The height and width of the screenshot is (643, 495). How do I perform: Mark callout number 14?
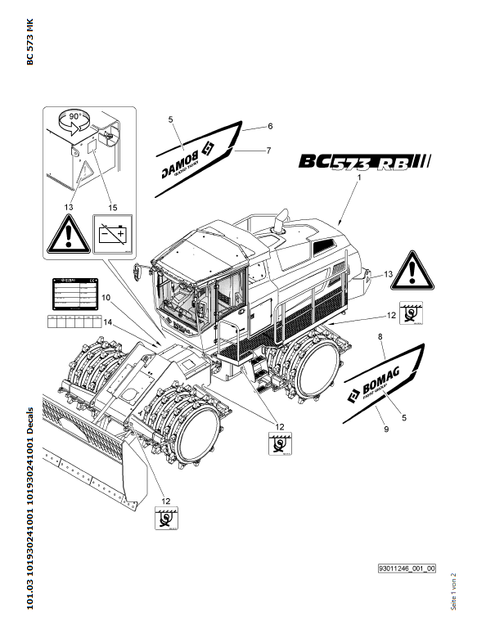pos(106,323)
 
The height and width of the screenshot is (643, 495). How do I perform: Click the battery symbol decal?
pos(112,235)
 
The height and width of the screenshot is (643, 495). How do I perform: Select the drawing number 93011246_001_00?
pos(407,567)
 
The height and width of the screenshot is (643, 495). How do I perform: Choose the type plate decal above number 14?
pos(71,292)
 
